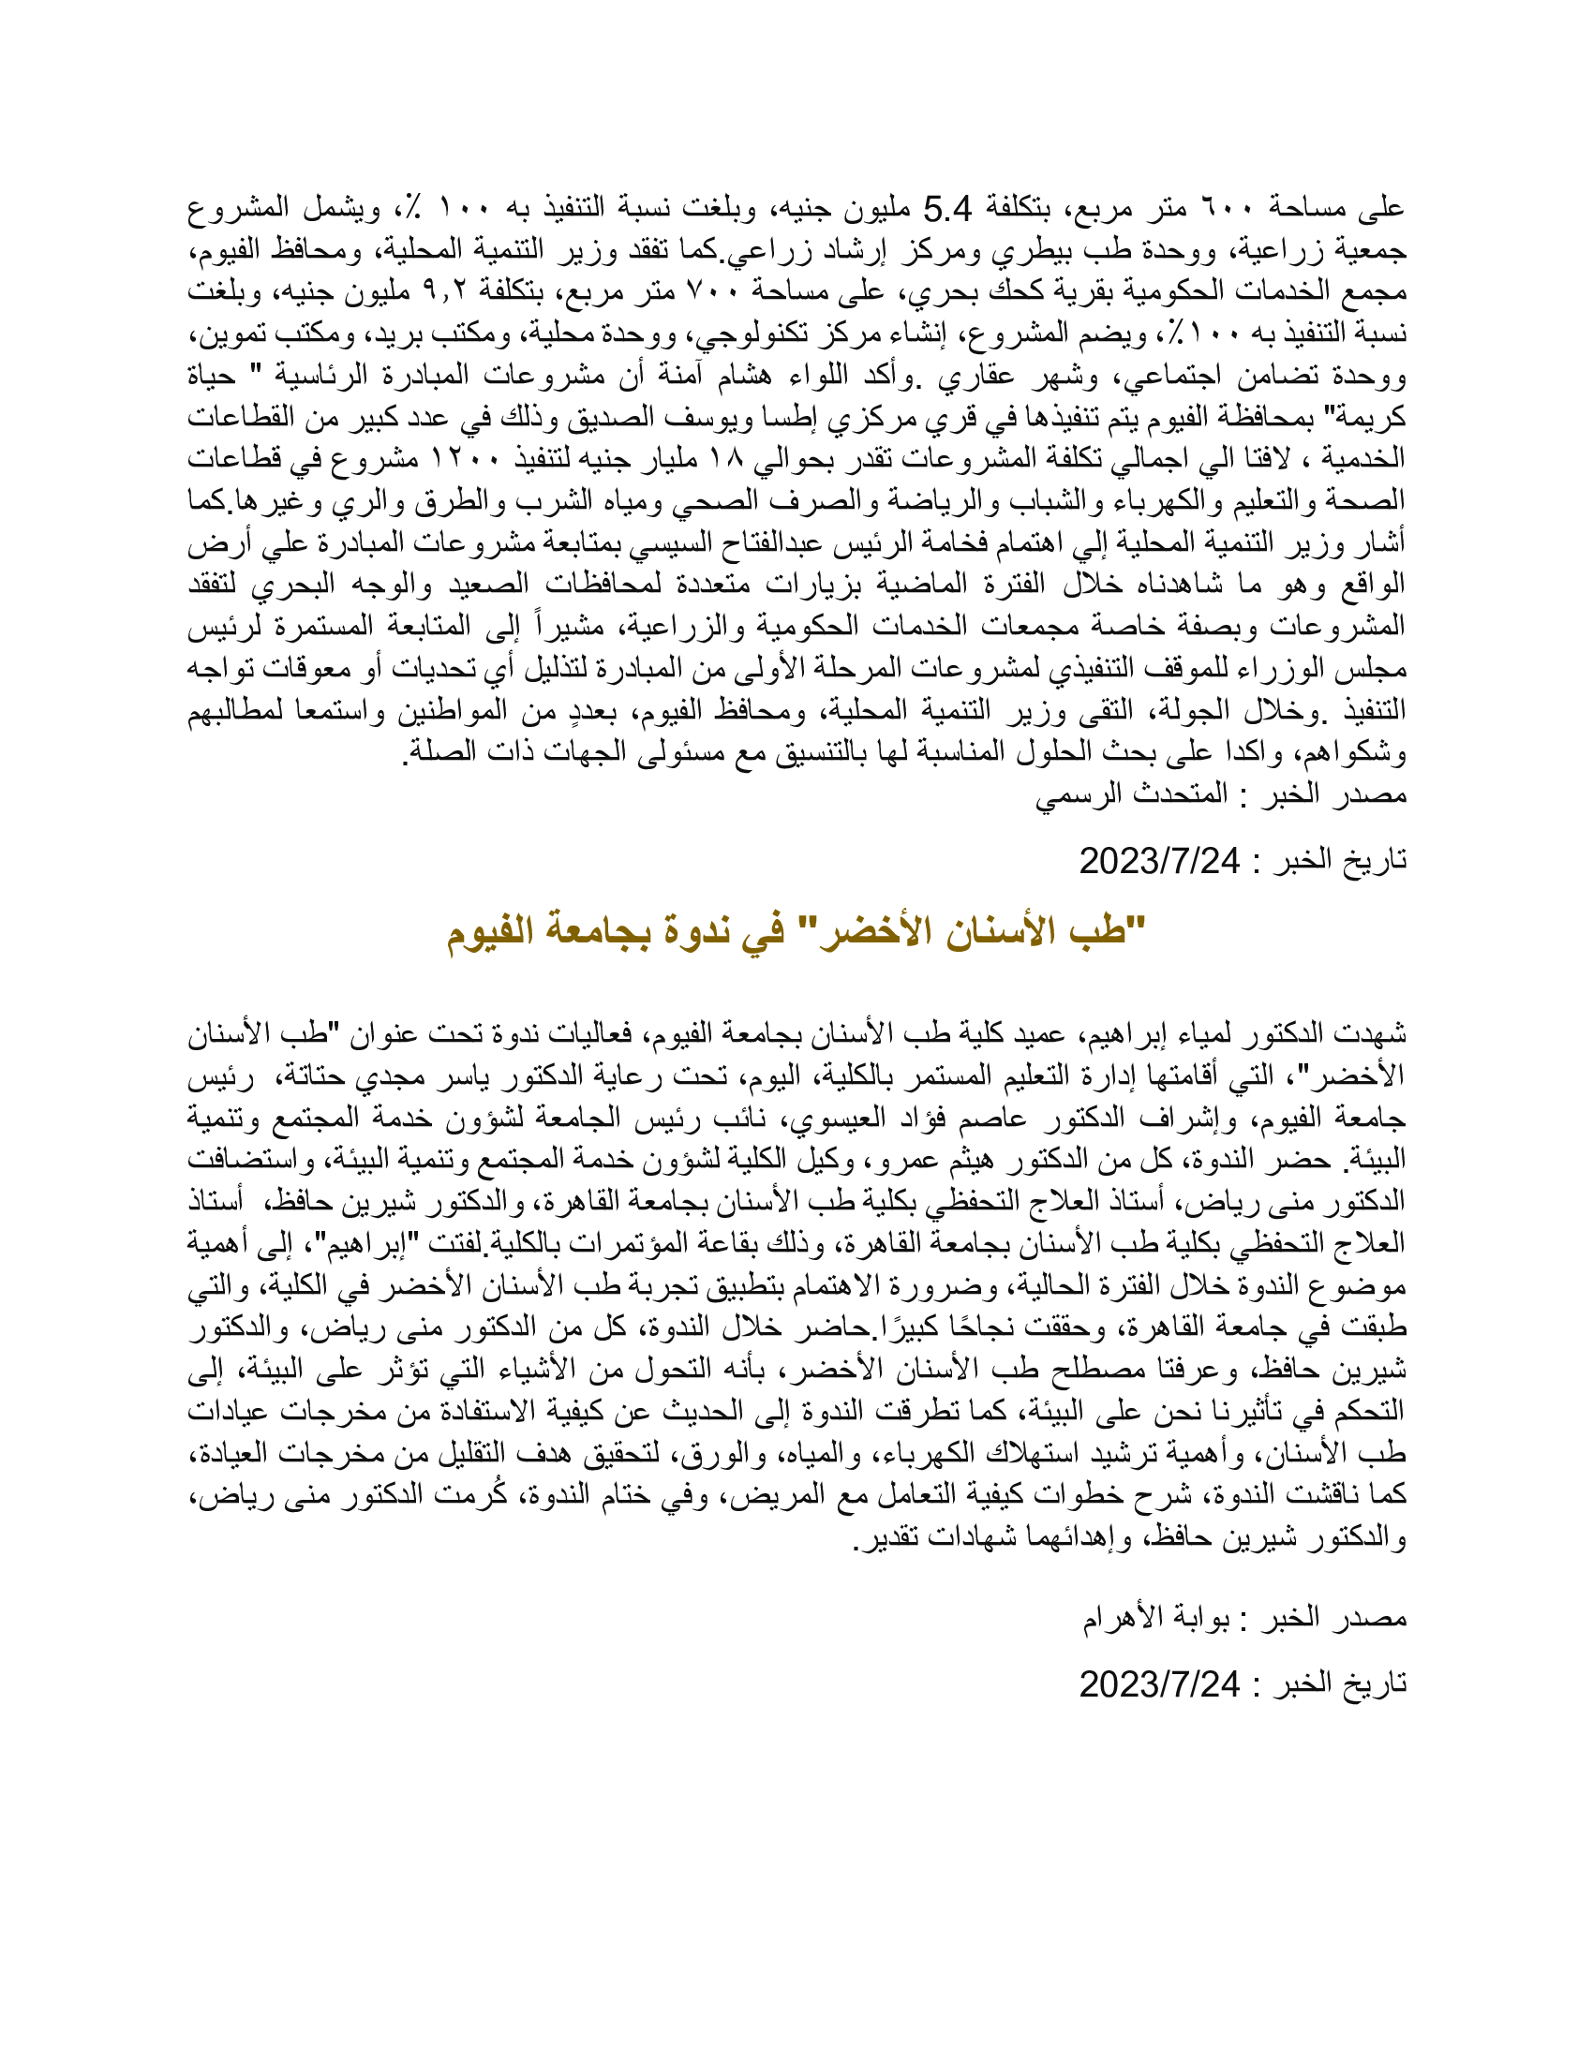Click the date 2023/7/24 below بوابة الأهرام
click(1159, 1683)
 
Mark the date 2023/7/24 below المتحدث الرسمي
click(1159, 860)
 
